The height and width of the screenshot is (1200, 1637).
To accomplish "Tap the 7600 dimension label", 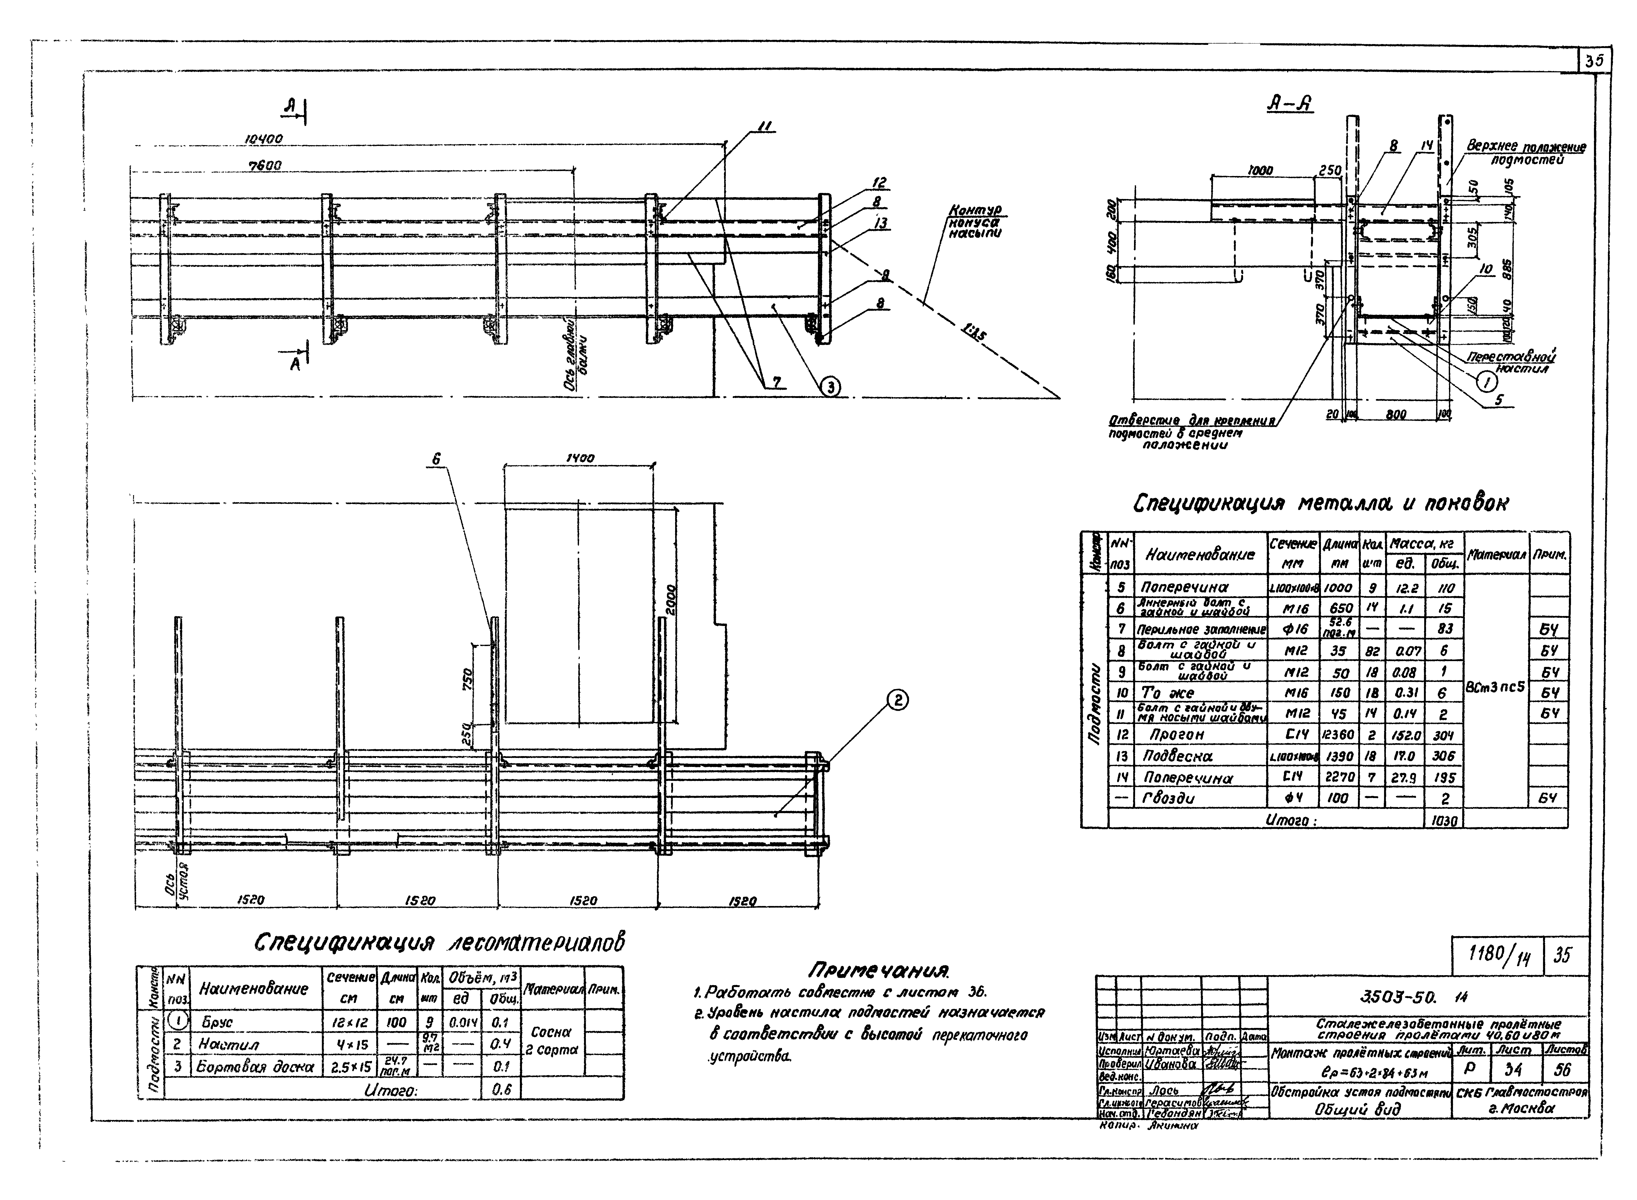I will pyautogui.click(x=265, y=166).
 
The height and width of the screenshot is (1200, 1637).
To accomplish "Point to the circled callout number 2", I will pyautogui.click(x=897, y=700).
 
